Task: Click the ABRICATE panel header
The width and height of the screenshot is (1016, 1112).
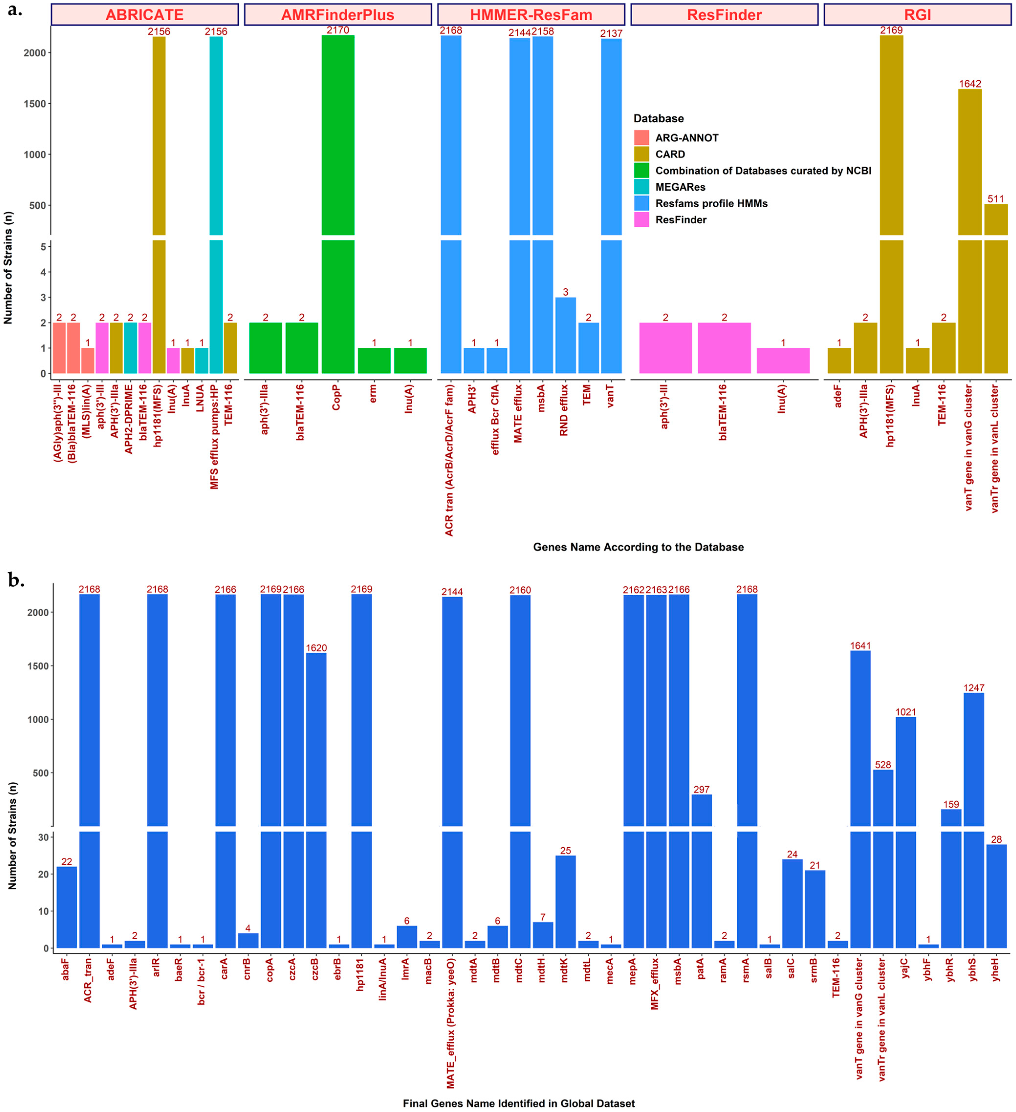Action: click(145, 15)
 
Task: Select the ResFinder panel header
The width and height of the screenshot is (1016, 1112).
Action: click(724, 15)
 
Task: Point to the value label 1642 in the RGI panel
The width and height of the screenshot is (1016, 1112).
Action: click(970, 84)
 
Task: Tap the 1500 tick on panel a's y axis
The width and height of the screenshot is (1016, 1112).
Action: click(34, 104)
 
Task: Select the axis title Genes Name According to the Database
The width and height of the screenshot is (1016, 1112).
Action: click(638, 547)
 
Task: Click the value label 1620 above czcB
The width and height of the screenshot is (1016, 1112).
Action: click(316, 648)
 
